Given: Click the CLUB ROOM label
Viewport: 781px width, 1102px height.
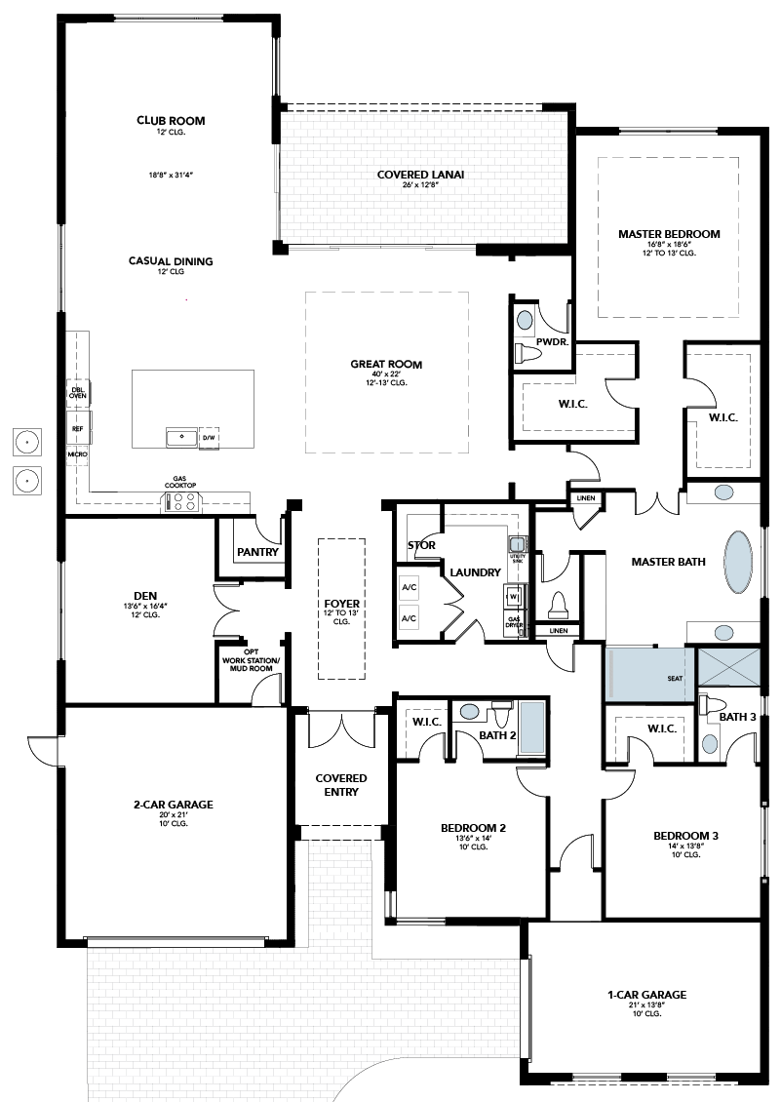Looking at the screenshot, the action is (171, 120).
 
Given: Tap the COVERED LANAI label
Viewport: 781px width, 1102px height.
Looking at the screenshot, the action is (420, 175).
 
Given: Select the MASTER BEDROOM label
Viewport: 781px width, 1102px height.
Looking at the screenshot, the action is (669, 234).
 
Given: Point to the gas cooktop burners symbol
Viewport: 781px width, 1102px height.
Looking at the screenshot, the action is (182, 502).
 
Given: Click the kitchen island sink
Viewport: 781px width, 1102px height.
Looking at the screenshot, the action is (182, 437).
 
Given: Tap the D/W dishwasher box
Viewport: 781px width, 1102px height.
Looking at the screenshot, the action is (209, 437).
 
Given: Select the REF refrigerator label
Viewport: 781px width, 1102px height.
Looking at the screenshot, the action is (77, 428).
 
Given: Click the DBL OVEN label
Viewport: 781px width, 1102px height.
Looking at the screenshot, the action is (77, 393).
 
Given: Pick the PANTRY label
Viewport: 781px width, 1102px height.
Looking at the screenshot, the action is (258, 552).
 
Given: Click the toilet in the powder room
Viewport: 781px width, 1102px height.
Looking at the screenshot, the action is (527, 352).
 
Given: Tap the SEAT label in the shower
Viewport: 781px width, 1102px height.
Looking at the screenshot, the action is (675, 678).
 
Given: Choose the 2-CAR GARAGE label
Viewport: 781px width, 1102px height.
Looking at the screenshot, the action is (174, 805).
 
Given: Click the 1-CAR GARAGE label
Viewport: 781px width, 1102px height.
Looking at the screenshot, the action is (646, 995).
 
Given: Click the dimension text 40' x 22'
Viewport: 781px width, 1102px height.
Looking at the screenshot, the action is (386, 374).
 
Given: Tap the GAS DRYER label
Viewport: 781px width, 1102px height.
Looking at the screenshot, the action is (514, 622).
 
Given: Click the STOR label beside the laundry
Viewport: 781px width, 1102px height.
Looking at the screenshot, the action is (422, 545).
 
